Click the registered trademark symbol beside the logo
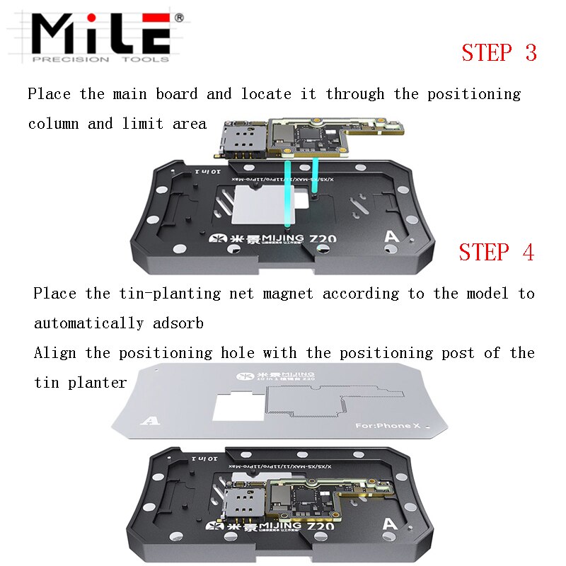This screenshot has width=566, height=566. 178,16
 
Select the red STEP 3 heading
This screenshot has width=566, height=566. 499,53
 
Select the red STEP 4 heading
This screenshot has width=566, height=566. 496,253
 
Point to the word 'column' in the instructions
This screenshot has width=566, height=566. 53,124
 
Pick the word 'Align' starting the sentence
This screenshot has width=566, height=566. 54,353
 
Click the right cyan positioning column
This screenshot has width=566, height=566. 313,177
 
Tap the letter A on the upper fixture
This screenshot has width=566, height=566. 388,237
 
